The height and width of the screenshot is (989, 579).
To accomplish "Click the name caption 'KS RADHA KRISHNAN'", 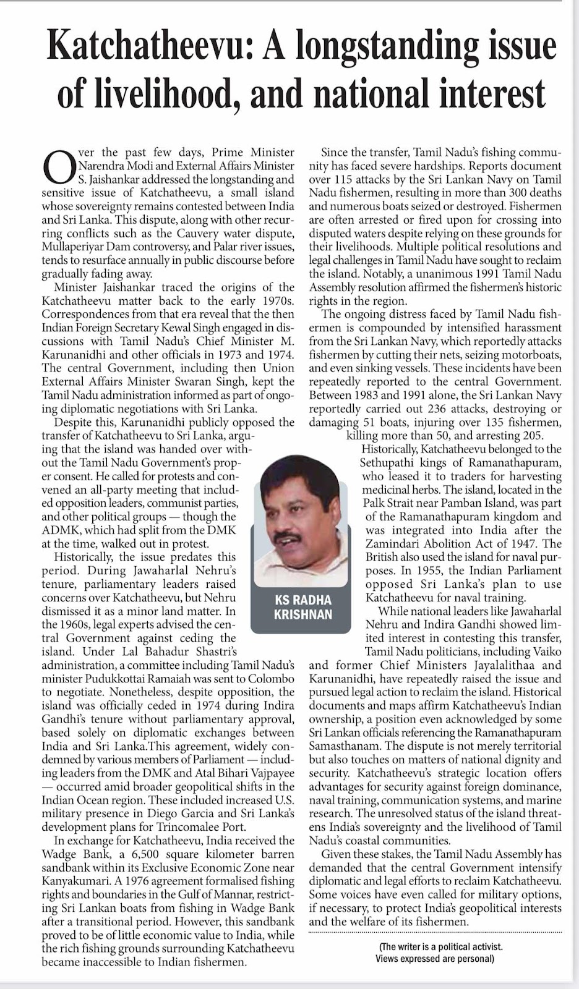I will tap(302, 607).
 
